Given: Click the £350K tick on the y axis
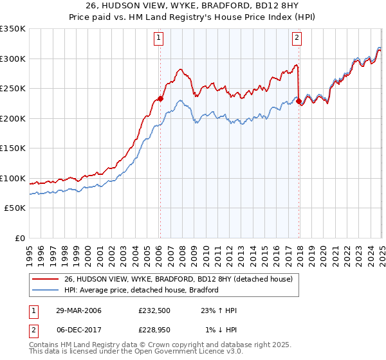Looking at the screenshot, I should pos(12,29).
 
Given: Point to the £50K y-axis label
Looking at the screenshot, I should pos(15,208).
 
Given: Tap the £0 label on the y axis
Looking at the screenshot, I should pos(20,238).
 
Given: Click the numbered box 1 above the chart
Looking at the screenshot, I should pos(159,38).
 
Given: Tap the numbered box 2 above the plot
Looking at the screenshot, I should pos(297,38).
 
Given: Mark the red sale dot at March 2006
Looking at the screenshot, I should pos(160,99).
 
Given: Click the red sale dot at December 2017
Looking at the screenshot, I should pos(299,101).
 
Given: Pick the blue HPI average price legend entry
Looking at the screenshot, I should pos(142,290).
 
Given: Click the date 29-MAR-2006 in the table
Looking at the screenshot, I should pos(78,310).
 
